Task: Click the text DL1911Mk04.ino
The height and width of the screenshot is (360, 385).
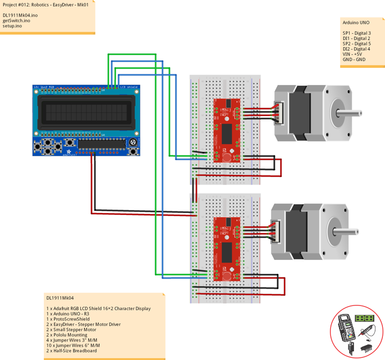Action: point(20,16)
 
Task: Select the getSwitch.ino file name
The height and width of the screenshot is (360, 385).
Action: point(17,21)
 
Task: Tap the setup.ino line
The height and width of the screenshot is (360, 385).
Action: point(13,26)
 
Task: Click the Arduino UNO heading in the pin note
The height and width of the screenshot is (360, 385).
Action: point(356,23)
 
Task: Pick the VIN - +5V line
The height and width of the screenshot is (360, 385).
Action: point(352,54)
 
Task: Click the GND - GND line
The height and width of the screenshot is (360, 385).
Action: point(353,59)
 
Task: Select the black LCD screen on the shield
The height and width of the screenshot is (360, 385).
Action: point(86,112)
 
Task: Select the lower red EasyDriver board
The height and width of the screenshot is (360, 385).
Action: point(228,248)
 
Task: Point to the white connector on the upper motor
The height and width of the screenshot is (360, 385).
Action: point(279,113)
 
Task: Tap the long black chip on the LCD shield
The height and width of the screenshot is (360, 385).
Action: point(99,143)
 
